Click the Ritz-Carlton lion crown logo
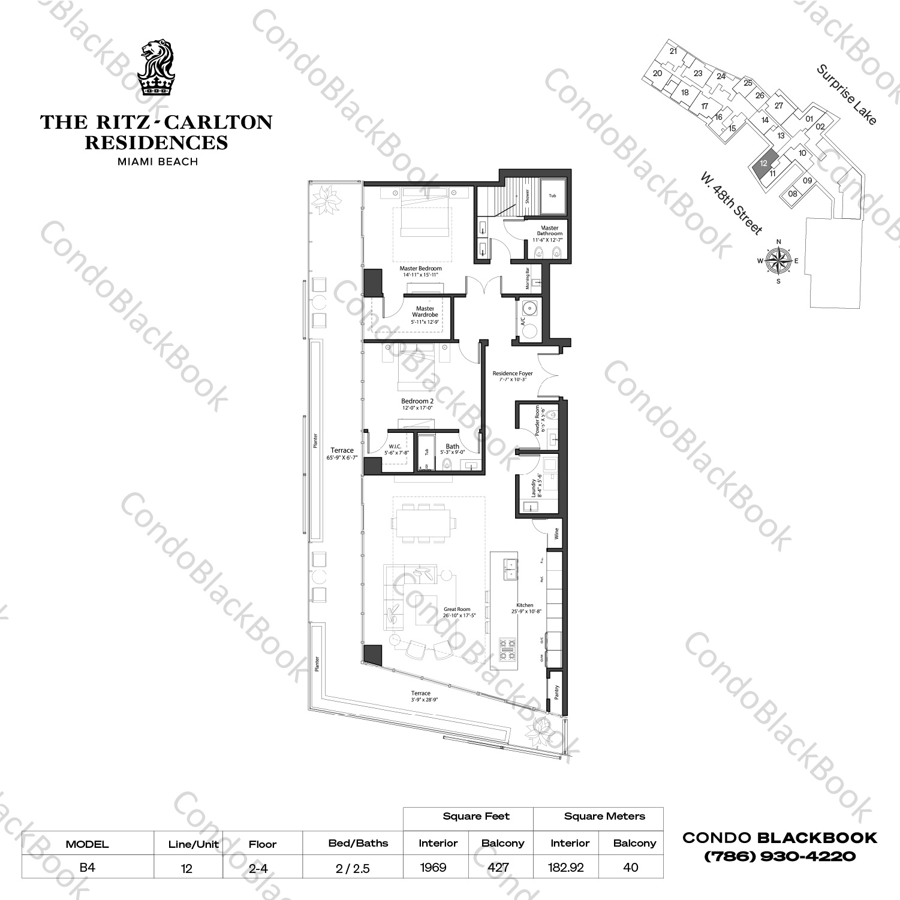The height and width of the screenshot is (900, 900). tap(156, 67)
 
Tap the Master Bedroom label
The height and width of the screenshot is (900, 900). tap(420, 272)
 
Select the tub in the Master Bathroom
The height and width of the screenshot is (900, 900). tap(552, 196)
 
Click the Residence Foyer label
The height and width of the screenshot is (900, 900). tap(512, 376)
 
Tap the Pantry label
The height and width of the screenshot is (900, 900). tap(556, 692)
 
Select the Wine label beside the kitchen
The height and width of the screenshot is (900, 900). tap(556, 533)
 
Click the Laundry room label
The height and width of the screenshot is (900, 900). tap(535, 487)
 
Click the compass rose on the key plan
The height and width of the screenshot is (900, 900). tap(778, 261)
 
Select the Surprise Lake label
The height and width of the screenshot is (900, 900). tap(846, 95)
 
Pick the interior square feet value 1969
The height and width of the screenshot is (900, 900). tap(433, 867)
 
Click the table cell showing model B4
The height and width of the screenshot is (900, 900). tap(88, 867)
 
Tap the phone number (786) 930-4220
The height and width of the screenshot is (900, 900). tap(779, 856)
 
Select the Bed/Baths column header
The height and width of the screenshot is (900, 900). tap(358, 843)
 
